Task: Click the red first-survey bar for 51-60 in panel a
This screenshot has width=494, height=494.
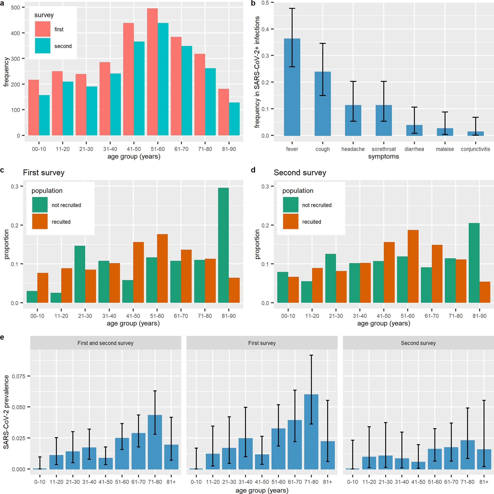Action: tap(152, 72)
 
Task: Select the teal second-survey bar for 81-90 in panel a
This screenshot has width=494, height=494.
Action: tap(234, 119)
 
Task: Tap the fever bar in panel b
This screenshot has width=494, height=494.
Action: tap(292, 87)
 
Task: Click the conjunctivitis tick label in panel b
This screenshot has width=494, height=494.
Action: tap(475, 149)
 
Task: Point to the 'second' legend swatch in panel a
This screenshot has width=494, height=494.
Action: tap(43, 46)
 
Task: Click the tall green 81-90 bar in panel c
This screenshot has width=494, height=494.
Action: tap(223, 245)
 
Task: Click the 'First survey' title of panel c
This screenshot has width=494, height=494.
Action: tap(43, 173)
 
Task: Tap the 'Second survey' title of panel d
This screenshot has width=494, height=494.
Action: tap(300, 173)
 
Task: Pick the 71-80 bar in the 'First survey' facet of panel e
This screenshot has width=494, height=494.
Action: tap(311, 432)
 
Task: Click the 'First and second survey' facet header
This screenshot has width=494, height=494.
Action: tap(106, 343)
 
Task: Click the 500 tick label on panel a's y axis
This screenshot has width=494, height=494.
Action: tap(15, 7)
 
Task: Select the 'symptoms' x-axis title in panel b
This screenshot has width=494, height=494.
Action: tap(383, 157)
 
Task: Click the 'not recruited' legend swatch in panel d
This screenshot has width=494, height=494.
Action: tap(291, 205)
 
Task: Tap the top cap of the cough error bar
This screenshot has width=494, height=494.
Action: tap(322, 43)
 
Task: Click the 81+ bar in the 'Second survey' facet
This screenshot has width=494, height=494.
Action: tap(484, 459)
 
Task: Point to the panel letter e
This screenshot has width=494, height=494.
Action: tap(2, 337)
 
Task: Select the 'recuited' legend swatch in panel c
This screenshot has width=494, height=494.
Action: tap(40, 221)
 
